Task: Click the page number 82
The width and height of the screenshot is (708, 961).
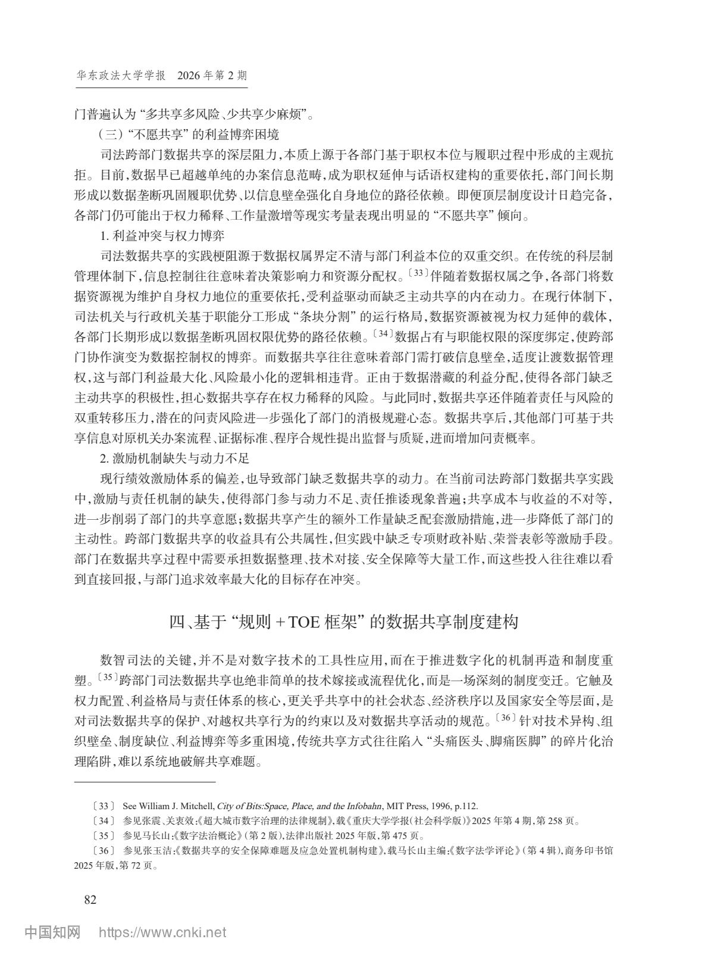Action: pyautogui.click(x=90, y=899)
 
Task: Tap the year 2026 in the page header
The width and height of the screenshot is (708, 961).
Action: pyautogui.click(x=189, y=76)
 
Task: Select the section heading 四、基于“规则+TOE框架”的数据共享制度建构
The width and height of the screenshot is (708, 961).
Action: pyautogui.click(x=344, y=622)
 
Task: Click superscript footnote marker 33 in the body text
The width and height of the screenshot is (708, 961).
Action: pyautogui.click(x=419, y=273)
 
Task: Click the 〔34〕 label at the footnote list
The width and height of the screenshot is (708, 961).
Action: pyautogui.click(x=104, y=820)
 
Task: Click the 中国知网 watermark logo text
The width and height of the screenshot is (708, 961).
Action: pyautogui.click(x=52, y=932)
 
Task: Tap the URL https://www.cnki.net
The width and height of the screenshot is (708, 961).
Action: pyautogui.click(x=162, y=932)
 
